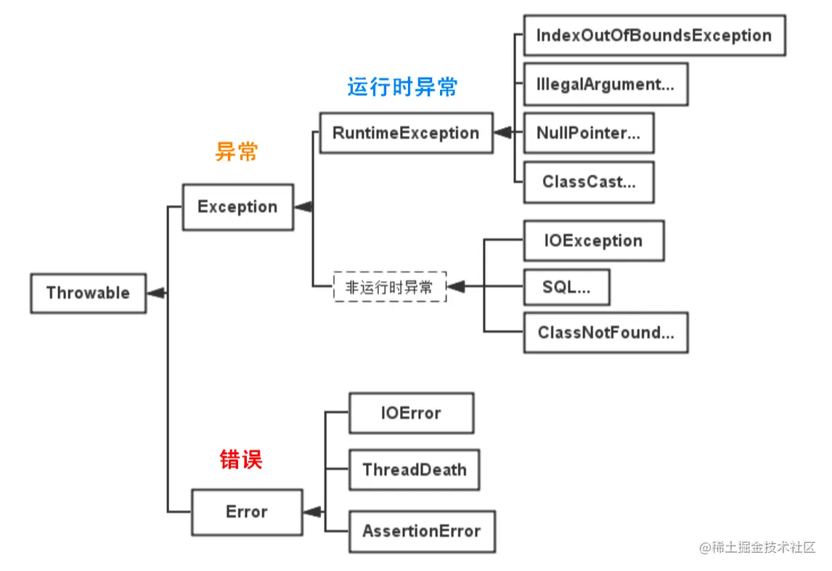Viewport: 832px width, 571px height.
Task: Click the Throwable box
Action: tap(88, 293)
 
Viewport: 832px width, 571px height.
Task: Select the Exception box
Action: tap(237, 207)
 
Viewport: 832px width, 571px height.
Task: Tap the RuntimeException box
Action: tap(406, 133)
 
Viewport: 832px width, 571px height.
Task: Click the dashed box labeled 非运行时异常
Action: tap(389, 287)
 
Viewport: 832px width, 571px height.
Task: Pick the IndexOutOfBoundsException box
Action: tap(653, 36)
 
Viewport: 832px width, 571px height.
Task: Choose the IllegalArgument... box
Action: tap(605, 84)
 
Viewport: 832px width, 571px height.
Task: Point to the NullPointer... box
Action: tap(588, 133)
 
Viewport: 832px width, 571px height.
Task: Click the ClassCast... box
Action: tap(588, 182)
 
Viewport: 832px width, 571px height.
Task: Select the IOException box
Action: tap(593, 241)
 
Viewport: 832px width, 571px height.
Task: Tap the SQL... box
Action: tap(566, 287)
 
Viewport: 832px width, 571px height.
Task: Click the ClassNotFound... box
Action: tap(605, 333)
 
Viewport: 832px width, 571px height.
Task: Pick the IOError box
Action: tap(411, 413)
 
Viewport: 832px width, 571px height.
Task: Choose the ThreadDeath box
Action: tap(414, 469)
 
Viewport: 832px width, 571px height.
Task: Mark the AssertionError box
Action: tap(421, 531)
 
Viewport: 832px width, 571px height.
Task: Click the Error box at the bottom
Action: tap(247, 512)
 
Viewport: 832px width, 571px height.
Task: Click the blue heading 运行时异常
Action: tap(402, 87)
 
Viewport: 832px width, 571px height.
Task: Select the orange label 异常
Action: tap(237, 152)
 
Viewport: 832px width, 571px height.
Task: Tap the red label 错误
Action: tap(240, 459)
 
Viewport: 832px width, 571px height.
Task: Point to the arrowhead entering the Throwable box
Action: tap(155, 293)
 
